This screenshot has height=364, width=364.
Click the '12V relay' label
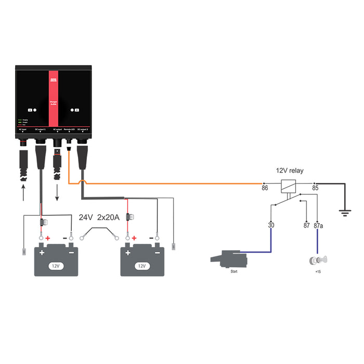[290, 171]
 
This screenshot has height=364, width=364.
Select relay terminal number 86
[265, 188]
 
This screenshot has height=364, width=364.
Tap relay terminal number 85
[315, 188]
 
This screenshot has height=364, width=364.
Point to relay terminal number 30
[271, 225]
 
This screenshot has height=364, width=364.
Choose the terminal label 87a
[319, 225]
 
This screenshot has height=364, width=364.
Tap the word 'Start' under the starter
[234, 271]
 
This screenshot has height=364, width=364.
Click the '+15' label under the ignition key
[317, 271]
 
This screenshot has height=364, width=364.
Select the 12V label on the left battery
[55, 265]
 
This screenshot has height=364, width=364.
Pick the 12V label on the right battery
[141, 265]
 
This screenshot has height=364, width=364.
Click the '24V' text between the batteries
[86, 217]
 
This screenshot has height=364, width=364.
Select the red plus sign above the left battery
[48, 238]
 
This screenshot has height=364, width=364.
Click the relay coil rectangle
[288, 185]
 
